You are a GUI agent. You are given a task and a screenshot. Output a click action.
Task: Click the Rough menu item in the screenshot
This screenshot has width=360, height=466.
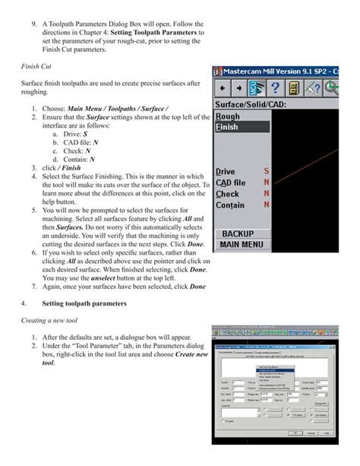pyautogui.click(x=228, y=116)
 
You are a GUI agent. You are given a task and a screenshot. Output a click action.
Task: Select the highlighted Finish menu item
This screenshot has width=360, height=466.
pyautogui.click(x=228, y=128)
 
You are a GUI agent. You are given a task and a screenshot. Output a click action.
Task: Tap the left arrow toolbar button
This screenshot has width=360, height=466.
pyautogui.click(x=223, y=87)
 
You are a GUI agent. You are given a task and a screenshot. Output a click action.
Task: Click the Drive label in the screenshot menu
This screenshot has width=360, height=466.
pyautogui.click(x=226, y=172)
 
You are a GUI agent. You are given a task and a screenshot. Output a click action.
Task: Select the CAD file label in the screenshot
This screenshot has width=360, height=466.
pyautogui.click(x=231, y=182)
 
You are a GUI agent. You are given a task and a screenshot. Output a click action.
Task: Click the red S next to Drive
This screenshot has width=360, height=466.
pyautogui.click(x=267, y=172)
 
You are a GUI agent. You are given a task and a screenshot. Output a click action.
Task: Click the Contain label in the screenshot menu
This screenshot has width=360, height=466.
pyautogui.click(x=230, y=204)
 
